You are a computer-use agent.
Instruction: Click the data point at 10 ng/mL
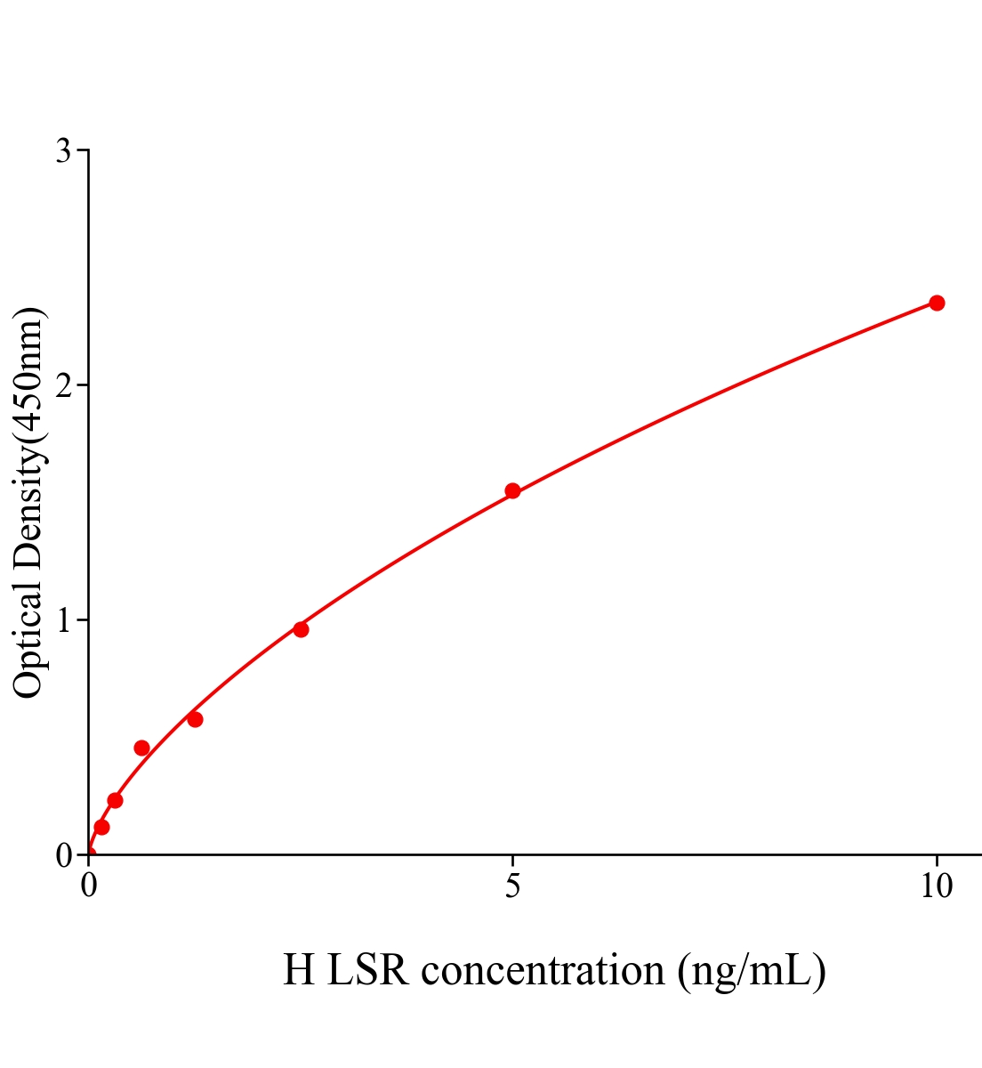[937, 303]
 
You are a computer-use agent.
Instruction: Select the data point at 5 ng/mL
[512, 490]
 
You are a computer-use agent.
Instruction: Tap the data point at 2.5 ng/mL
[301, 629]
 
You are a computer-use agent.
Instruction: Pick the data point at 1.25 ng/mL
[195, 719]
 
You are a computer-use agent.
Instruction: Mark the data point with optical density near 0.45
[141, 748]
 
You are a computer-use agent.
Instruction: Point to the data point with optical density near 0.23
[115, 800]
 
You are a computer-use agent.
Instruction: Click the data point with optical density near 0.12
[101, 827]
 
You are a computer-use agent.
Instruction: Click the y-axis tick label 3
[63, 151]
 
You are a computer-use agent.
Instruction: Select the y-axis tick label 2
[63, 385]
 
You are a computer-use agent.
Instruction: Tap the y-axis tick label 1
[63, 620]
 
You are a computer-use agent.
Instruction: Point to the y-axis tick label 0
[63, 855]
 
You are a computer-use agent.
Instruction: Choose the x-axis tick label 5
[512, 886]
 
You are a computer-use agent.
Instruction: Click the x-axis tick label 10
[936, 886]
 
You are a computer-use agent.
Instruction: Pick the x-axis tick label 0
[89, 886]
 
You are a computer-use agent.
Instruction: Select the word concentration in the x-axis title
[543, 969]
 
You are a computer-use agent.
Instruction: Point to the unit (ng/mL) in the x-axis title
[752, 969]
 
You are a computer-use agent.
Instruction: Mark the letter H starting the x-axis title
[299, 969]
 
